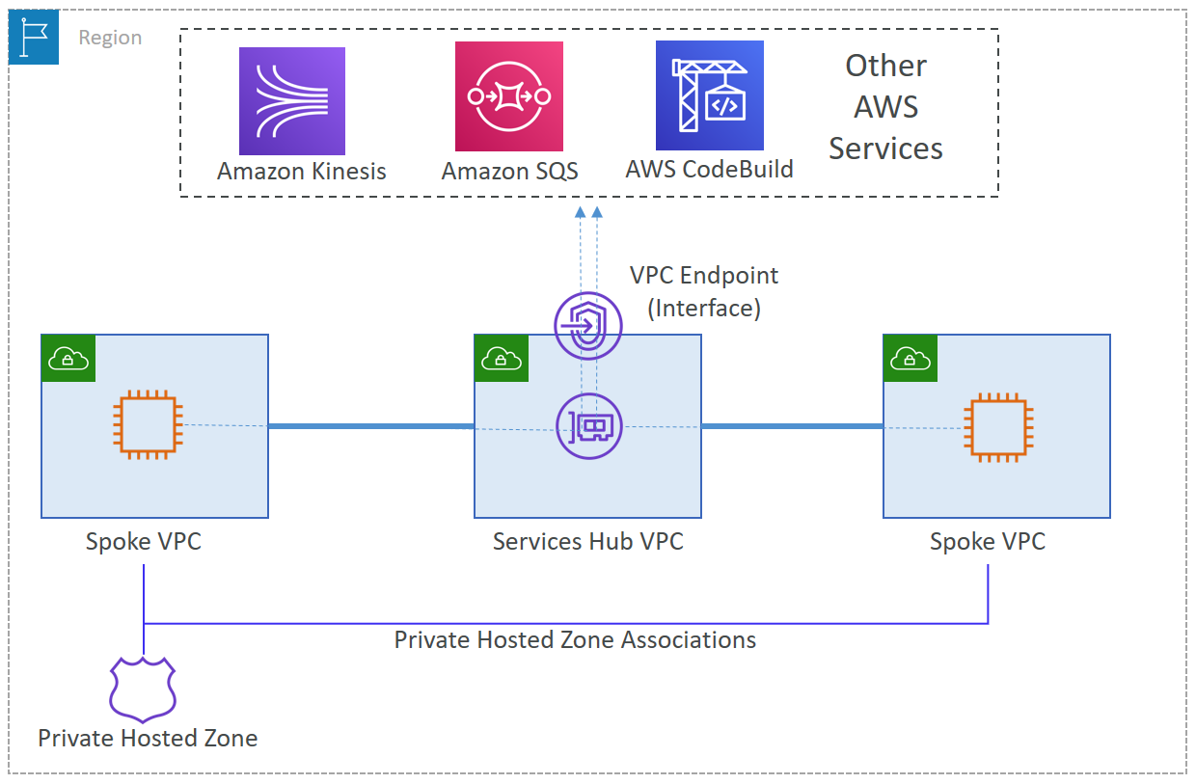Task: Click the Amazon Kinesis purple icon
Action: pos(291,101)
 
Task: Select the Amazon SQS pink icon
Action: pos(508,95)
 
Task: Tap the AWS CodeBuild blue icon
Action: pos(709,95)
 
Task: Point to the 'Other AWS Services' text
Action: pos(885,107)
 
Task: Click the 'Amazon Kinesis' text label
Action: pos(301,172)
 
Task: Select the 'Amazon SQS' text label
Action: pos(509,172)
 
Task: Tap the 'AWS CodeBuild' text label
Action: pos(709,170)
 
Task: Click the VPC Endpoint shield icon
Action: pos(587,326)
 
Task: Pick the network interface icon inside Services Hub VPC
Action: pos(589,425)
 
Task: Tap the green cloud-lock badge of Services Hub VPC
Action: pos(501,359)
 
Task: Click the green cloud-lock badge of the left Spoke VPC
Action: pos(68,359)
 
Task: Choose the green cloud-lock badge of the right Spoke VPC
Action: pos(910,359)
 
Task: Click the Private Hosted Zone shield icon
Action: pos(142,689)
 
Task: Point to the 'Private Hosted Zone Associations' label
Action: pos(575,640)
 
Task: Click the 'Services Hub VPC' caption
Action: pos(587,542)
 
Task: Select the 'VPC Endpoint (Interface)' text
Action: pos(704,291)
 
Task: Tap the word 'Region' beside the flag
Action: pos(110,38)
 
